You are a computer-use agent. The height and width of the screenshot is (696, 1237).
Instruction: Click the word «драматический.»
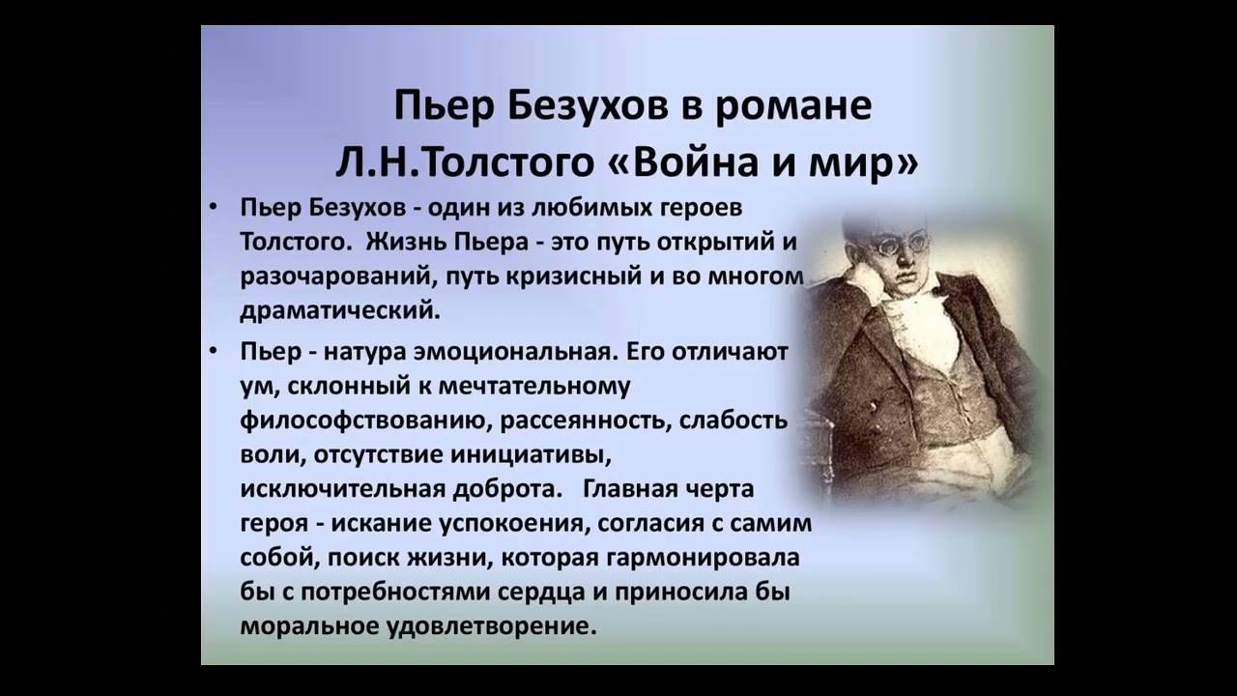(x=341, y=311)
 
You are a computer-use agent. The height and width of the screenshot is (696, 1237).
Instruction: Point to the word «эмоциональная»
(x=515, y=353)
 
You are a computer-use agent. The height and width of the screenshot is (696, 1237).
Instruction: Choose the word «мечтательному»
(x=534, y=387)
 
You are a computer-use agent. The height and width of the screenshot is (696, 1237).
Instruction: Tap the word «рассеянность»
(x=585, y=420)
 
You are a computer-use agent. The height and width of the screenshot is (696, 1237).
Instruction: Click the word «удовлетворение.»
(x=492, y=627)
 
